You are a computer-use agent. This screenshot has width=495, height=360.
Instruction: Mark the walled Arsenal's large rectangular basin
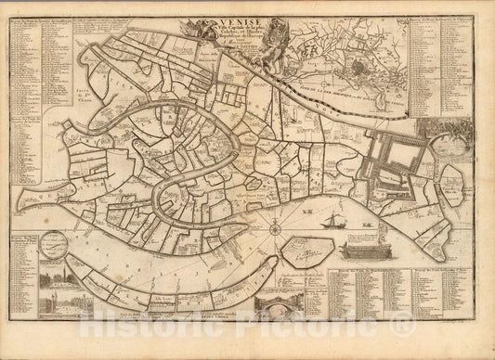tap(395, 158)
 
